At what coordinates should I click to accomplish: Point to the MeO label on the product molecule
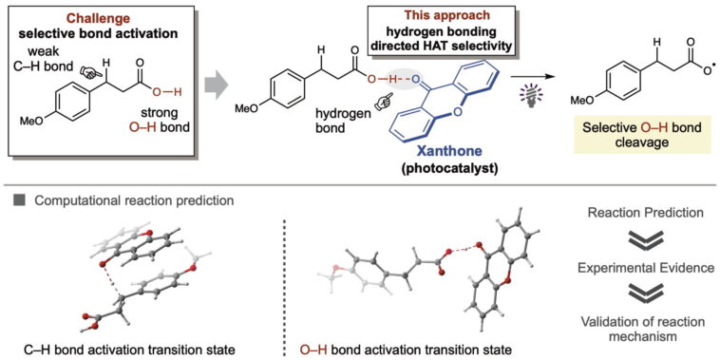(x=580, y=99)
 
